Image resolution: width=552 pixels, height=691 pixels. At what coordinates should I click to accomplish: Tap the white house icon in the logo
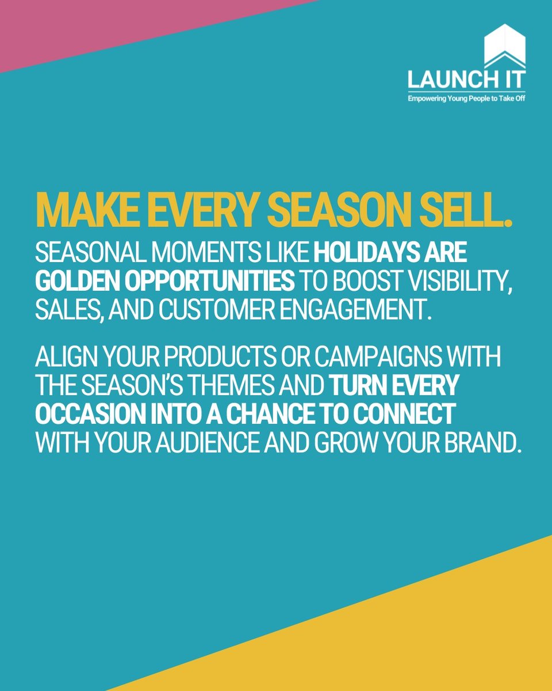(x=504, y=46)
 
